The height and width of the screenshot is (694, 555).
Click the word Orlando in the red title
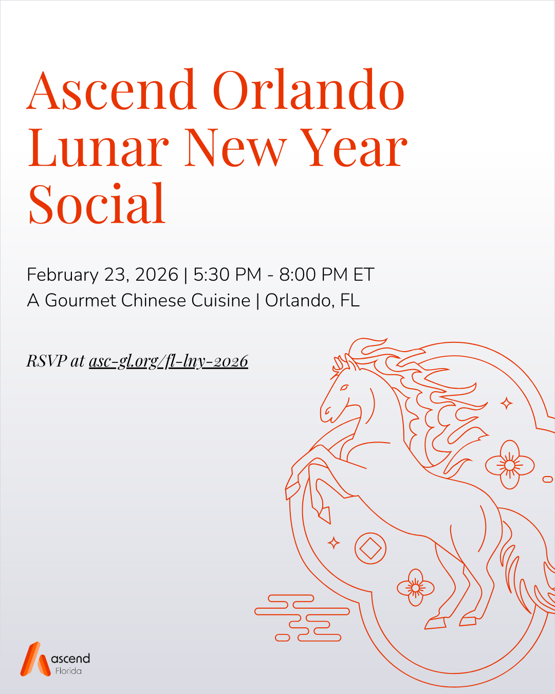tap(308, 90)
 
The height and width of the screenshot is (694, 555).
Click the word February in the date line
tap(62, 275)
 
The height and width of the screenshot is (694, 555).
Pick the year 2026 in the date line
tap(156, 275)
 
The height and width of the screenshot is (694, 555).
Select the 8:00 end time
tap(298, 275)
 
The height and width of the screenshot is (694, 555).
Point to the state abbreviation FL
tap(349, 300)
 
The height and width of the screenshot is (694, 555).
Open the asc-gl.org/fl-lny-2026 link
tap(169, 361)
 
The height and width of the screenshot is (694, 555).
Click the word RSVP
tap(47, 361)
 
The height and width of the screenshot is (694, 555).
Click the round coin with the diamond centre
tap(370, 548)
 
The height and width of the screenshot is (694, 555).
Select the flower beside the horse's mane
tap(509, 465)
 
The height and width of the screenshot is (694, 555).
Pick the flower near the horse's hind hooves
tap(415, 587)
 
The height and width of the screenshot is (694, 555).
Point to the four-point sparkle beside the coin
tap(334, 542)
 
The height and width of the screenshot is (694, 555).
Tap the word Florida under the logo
tap(68, 671)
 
